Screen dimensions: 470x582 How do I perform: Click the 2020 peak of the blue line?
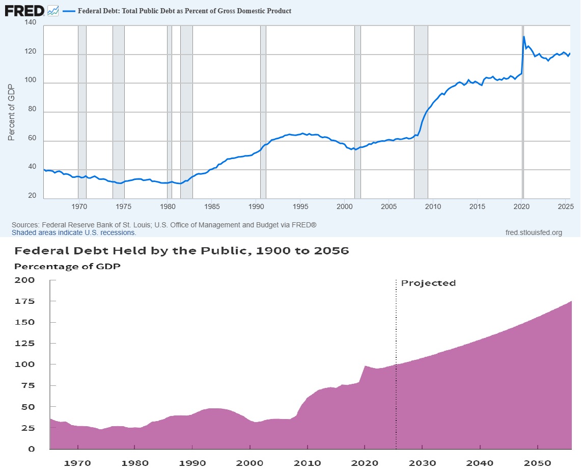pyautogui.click(x=524, y=37)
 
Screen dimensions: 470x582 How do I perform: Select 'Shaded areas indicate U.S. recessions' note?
pyautogui.click(x=74, y=232)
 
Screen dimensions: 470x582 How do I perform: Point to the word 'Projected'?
pyautogui.click(x=428, y=283)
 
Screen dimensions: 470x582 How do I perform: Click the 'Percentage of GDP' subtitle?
pyautogui.click(x=67, y=267)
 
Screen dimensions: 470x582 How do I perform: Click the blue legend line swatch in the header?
pyautogui.click(x=68, y=11)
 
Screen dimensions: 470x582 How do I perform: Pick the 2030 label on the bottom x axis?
pyautogui.click(x=422, y=463)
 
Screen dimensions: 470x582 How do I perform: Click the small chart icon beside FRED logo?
pyautogui.click(x=52, y=10)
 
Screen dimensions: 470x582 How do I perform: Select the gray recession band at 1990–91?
pyautogui.click(x=263, y=112)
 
